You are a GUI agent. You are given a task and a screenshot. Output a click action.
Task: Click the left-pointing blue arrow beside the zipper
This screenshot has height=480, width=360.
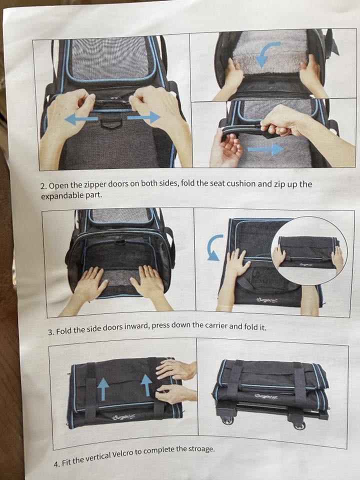point(81,119)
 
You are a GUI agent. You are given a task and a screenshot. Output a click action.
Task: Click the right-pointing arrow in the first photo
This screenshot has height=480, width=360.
point(144,117)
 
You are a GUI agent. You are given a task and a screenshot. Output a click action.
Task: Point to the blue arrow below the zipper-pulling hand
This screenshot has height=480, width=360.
point(265,149)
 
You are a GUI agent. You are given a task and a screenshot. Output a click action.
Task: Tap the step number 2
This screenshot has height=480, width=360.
point(43,186)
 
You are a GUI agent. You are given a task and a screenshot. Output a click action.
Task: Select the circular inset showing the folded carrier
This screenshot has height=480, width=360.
point(309,250)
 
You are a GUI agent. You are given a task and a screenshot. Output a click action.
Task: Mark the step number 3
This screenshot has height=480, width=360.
point(51,332)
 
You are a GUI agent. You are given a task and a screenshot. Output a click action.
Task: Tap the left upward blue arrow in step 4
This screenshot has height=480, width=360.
point(103,388)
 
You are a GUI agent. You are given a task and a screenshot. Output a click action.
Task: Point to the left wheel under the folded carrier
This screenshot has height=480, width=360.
point(227,420)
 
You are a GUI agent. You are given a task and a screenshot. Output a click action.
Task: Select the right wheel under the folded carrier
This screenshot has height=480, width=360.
point(299,425)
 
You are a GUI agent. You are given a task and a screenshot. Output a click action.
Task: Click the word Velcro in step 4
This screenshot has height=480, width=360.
point(123,454)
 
